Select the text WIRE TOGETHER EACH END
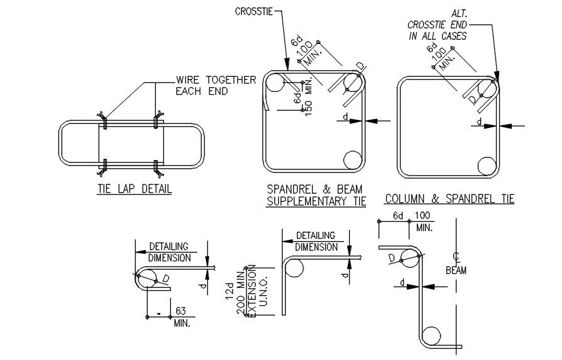(x=215, y=85)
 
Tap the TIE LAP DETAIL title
(x=134, y=188)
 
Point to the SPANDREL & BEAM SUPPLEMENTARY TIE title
(x=316, y=195)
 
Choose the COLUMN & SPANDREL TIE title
(x=449, y=199)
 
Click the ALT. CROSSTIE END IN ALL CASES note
(x=438, y=25)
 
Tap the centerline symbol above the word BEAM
(x=456, y=257)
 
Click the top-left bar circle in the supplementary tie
(x=274, y=82)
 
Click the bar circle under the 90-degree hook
(x=294, y=268)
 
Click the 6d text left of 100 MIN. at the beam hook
(x=397, y=216)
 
